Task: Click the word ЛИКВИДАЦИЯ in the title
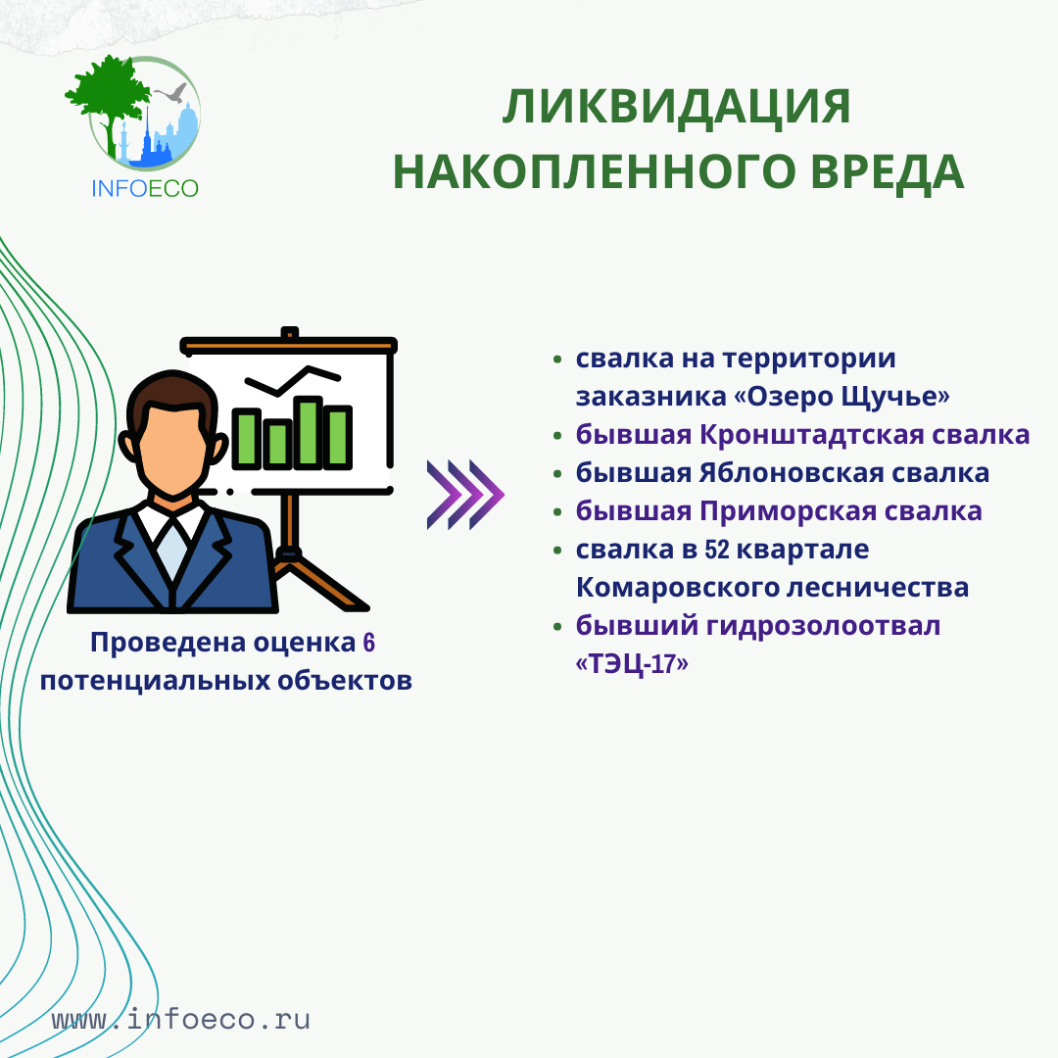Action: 676,107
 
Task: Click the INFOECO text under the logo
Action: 144,188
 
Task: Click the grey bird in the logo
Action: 171,92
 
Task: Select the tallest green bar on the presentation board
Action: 308,433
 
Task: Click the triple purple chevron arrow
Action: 465,495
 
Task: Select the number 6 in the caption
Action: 368,643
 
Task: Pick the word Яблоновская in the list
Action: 791,473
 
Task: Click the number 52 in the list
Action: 716,550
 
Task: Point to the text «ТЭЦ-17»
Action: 632,664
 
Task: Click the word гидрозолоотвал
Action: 823,626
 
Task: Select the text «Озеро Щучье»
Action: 842,396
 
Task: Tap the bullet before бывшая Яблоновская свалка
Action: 557,474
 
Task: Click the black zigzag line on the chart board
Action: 292,380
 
